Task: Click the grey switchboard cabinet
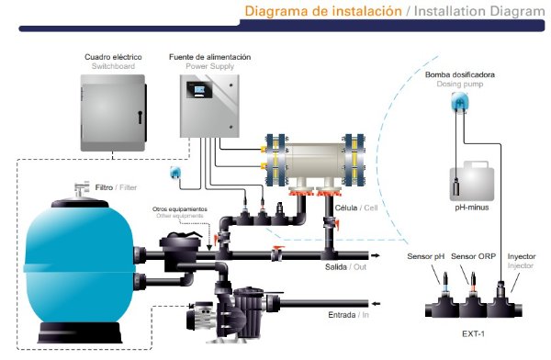(x=113, y=113)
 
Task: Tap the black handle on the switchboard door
(x=140, y=117)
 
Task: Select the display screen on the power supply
(x=199, y=90)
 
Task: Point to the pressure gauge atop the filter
(x=82, y=188)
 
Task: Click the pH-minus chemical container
(x=472, y=182)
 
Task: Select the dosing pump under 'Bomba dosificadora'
(x=460, y=102)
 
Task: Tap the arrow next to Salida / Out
(x=376, y=255)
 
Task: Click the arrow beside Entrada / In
(x=376, y=304)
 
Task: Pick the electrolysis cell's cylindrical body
(x=315, y=161)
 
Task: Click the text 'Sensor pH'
(x=425, y=256)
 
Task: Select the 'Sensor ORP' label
(x=473, y=256)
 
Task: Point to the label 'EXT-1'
(x=473, y=333)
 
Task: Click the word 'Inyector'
(x=522, y=256)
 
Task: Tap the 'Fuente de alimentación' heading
(x=209, y=57)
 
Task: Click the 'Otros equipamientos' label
(x=180, y=209)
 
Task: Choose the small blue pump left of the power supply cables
(x=174, y=173)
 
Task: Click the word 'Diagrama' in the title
(x=276, y=11)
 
